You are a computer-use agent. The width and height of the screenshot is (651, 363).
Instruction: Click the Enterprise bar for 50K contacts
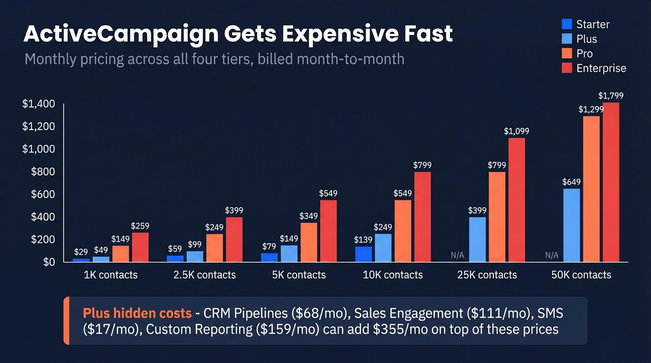coord(611,182)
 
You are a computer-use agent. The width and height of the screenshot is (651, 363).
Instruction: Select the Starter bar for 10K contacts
coord(363,254)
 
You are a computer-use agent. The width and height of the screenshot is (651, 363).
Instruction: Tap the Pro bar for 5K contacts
coord(309,242)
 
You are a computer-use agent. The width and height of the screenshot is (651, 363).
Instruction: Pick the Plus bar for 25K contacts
coord(477,239)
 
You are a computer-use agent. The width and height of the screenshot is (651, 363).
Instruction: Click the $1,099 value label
coord(516,132)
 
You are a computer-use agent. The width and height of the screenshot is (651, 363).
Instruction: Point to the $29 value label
coord(81,251)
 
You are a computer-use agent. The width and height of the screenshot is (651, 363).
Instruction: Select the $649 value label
coord(571,182)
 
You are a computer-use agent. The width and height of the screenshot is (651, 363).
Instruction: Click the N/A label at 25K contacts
coord(458,255)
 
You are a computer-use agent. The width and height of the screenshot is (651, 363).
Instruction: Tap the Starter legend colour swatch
coord(567,24)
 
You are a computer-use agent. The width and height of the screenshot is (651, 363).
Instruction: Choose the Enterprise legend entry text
coord(601,68)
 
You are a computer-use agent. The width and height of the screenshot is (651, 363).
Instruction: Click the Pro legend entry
coord(584,53)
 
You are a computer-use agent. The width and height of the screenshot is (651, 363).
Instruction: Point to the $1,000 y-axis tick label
coord(38,149)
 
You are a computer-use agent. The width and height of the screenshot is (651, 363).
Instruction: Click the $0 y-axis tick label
coord(49,262)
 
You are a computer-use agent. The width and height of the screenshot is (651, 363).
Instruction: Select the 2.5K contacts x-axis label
coord(205,275)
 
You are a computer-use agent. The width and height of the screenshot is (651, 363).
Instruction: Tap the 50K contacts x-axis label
coord(581,275)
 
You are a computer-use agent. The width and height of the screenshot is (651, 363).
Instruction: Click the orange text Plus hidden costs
coord(137,313)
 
